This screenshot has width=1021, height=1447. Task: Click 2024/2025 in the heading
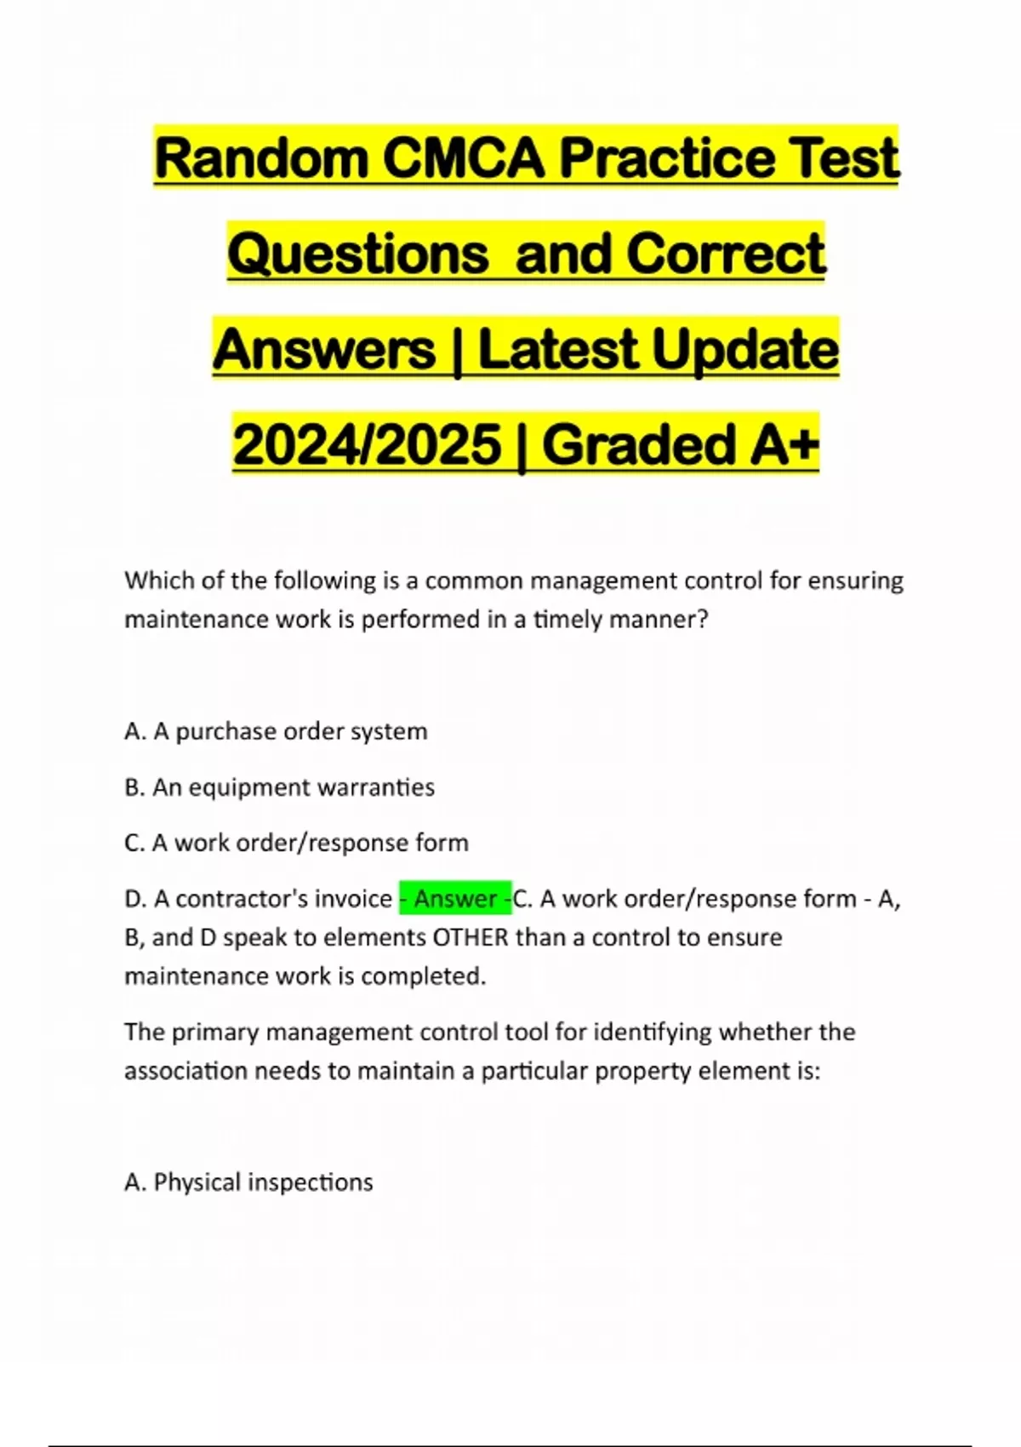367,444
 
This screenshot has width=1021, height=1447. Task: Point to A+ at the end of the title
784,444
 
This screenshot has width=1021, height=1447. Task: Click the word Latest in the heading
558,350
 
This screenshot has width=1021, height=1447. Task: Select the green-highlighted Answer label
455,899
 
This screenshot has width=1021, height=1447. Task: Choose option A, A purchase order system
276,731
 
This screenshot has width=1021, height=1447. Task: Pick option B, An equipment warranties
279,787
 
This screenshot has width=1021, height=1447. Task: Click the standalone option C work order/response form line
296,843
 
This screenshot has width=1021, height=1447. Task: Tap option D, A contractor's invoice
258,899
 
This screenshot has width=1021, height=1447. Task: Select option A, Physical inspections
248,1182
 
